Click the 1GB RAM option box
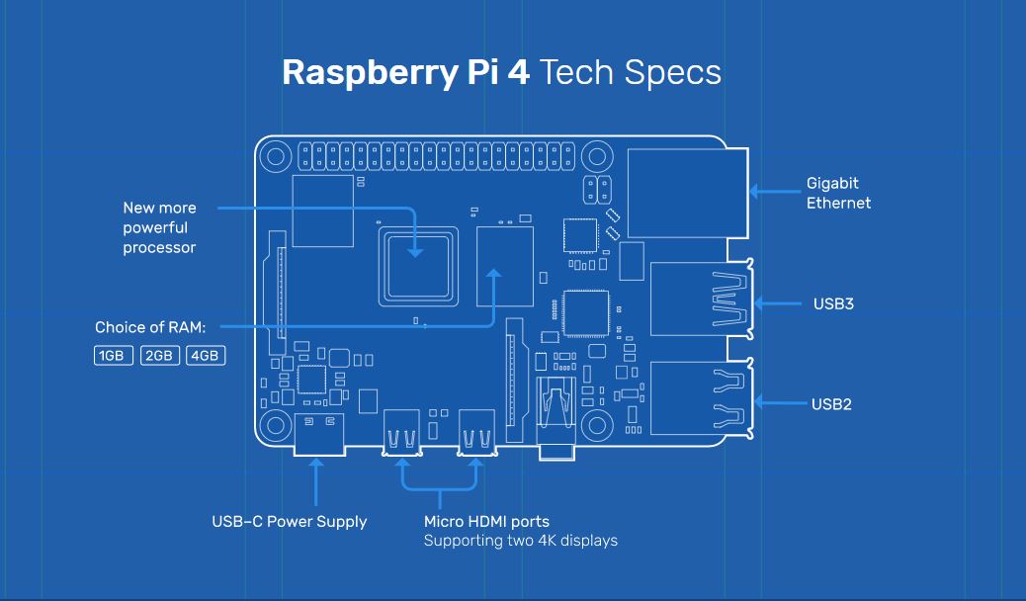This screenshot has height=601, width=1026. point(114,356)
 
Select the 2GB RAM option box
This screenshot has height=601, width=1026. point(160,356)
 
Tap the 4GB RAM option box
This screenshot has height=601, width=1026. point(206,356)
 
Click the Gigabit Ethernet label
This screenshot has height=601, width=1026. point(838,193)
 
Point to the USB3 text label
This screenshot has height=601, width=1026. point(833,303)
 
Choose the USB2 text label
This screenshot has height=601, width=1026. point(831,404)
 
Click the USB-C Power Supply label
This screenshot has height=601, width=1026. point(290,522)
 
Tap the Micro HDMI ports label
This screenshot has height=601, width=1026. point(486,522)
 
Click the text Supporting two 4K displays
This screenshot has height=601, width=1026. point(520,541)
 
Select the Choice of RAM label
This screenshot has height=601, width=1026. point(150,327)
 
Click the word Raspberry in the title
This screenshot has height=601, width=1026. point(370,73)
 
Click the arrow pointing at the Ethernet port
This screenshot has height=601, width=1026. point(775,192)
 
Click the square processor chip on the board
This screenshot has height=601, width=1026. point(418,267)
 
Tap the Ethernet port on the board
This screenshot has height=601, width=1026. point(688,193)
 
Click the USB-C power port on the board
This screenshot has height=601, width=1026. point(319,434)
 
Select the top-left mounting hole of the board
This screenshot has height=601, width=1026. point(276,157)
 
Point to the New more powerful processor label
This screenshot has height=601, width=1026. point(159,227)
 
